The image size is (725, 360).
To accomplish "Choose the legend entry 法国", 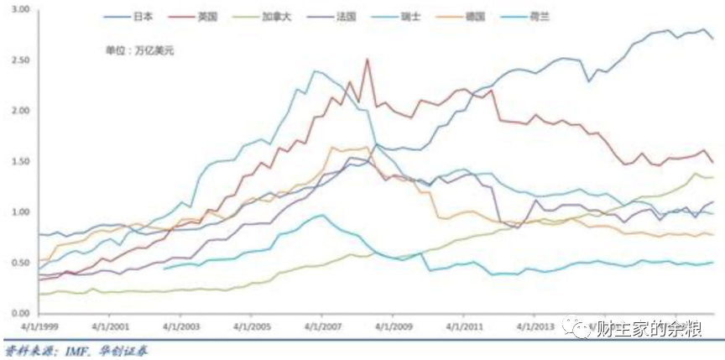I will tap(342, 17).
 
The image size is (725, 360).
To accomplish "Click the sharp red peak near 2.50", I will tap(367, 60).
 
